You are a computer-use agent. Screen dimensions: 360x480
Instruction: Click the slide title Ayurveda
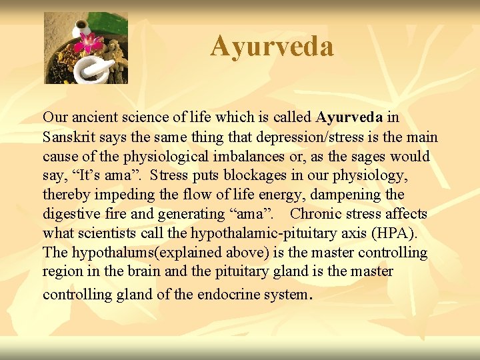click(x=272, y=46)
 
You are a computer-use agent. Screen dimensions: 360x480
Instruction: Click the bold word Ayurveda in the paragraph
click(x=349, y=117)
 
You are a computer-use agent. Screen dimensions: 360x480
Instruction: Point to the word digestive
click(x=70, y=214)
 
